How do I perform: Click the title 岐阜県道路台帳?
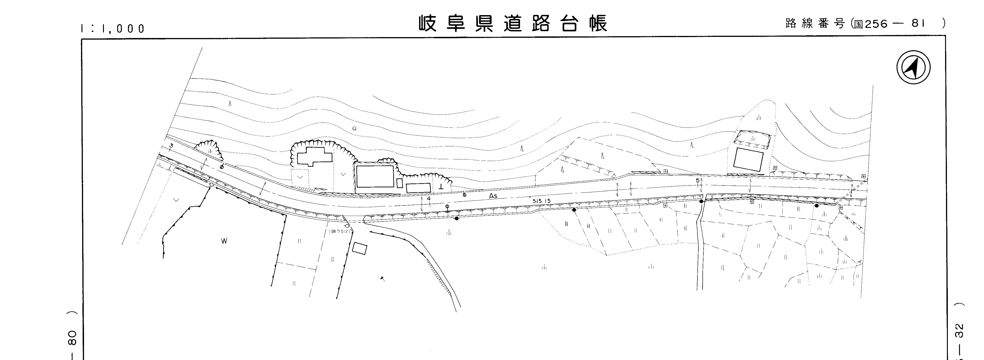coord(513,24)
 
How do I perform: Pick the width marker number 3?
coord(171,146)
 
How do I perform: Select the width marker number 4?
coord(428,199)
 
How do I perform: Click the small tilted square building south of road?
coord(359,249)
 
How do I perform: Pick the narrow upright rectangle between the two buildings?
coord(400,183)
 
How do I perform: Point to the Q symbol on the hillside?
coord(354,128)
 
